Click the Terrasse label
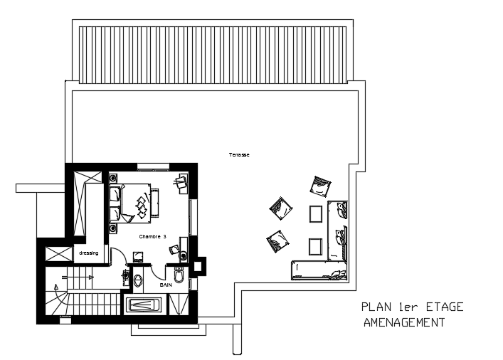(x=239, y=154)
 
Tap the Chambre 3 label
(x=153, y=237)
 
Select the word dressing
(x=89, y=253)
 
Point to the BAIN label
(x=166, y=285)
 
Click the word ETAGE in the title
(x=445, y=307)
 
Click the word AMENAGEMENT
(x=404, y=322)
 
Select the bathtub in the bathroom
(x=144, y=305)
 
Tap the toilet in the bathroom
(x=179, y=275)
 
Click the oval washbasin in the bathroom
(x=138, y=280)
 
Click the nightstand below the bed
(x=113, y=228)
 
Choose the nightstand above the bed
(x=113, y=177)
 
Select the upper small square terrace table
(x=316, y=214)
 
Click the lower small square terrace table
(x=315, y=246)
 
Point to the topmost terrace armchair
(x=320, y=186)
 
